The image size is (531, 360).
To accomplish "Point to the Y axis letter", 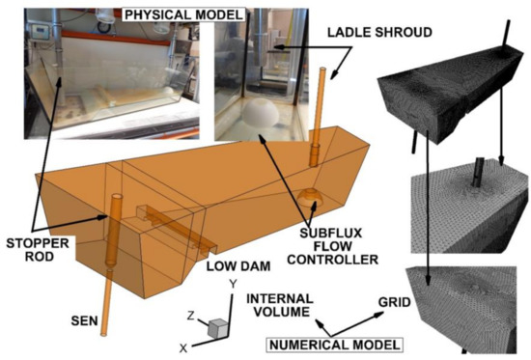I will pyautogui.click(x=232, y=285).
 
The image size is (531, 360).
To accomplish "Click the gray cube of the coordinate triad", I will pyautogui.click(x=219, y=327).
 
